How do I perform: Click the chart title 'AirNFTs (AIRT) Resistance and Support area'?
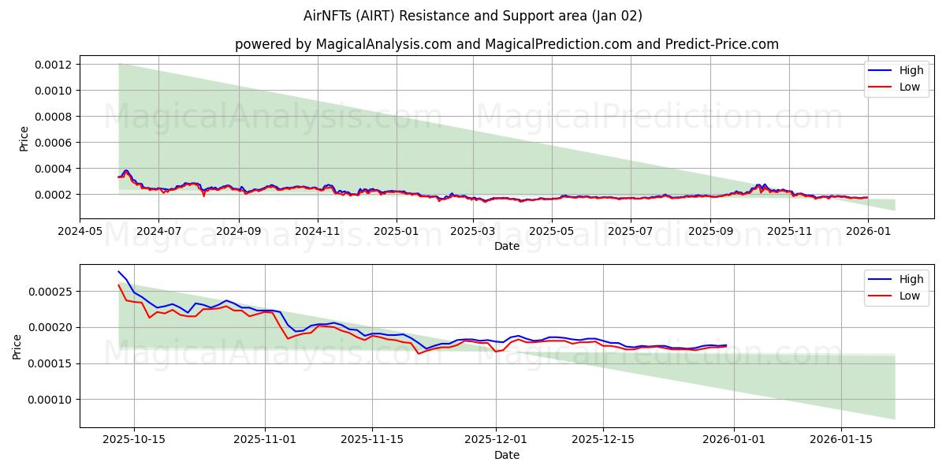coord(473,16)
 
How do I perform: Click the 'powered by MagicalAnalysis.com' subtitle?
coord(506,44)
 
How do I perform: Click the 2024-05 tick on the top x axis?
coord(80,232)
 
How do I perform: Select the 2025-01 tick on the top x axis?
coord(396,232)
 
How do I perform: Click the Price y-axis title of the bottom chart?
coord(17,346)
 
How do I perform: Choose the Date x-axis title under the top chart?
coord(506,246)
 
